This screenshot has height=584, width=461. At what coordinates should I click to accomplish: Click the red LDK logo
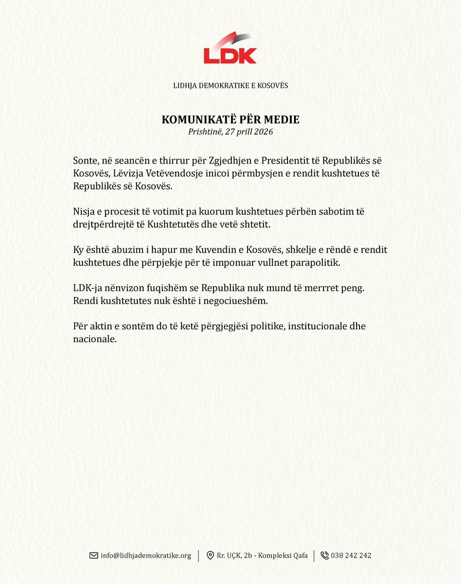pos(230,49)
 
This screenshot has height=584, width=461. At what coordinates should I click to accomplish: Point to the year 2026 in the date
pos(263,132)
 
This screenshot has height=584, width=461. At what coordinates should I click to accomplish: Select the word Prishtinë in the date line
pos(205,132)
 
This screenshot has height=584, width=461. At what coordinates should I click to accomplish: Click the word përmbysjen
pos(257,174)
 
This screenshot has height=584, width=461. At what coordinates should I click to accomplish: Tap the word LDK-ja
pos(87,288)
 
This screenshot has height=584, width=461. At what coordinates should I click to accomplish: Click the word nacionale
pos(95,339)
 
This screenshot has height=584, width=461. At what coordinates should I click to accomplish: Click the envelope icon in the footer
pos(94,555)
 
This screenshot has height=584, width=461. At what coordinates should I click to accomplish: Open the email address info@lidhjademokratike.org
pos(146,555)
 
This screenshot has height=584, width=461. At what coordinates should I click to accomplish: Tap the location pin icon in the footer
pos(210,555)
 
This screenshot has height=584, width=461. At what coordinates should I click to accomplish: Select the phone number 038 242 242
pos(351,555)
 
